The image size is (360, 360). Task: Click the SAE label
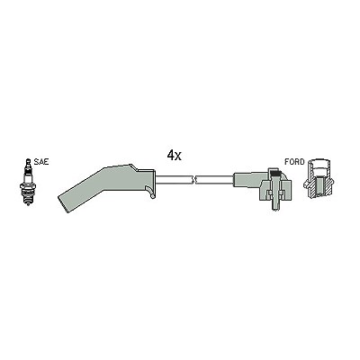(x=41, y=162)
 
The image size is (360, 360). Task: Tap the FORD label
(x=294, y=162)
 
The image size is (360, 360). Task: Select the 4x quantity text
(x=175, y=155)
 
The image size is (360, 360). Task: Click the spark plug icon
(x=28, y=182)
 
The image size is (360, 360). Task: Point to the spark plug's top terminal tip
(x=28, y=160)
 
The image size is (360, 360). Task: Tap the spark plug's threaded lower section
(x=28, y=199)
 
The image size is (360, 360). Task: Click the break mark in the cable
(x=193, y=180)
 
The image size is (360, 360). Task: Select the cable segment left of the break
(x=174, y=180)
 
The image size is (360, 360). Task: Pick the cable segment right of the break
(x=215, y=180)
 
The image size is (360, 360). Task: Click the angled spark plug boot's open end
(x=64, y=204)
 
